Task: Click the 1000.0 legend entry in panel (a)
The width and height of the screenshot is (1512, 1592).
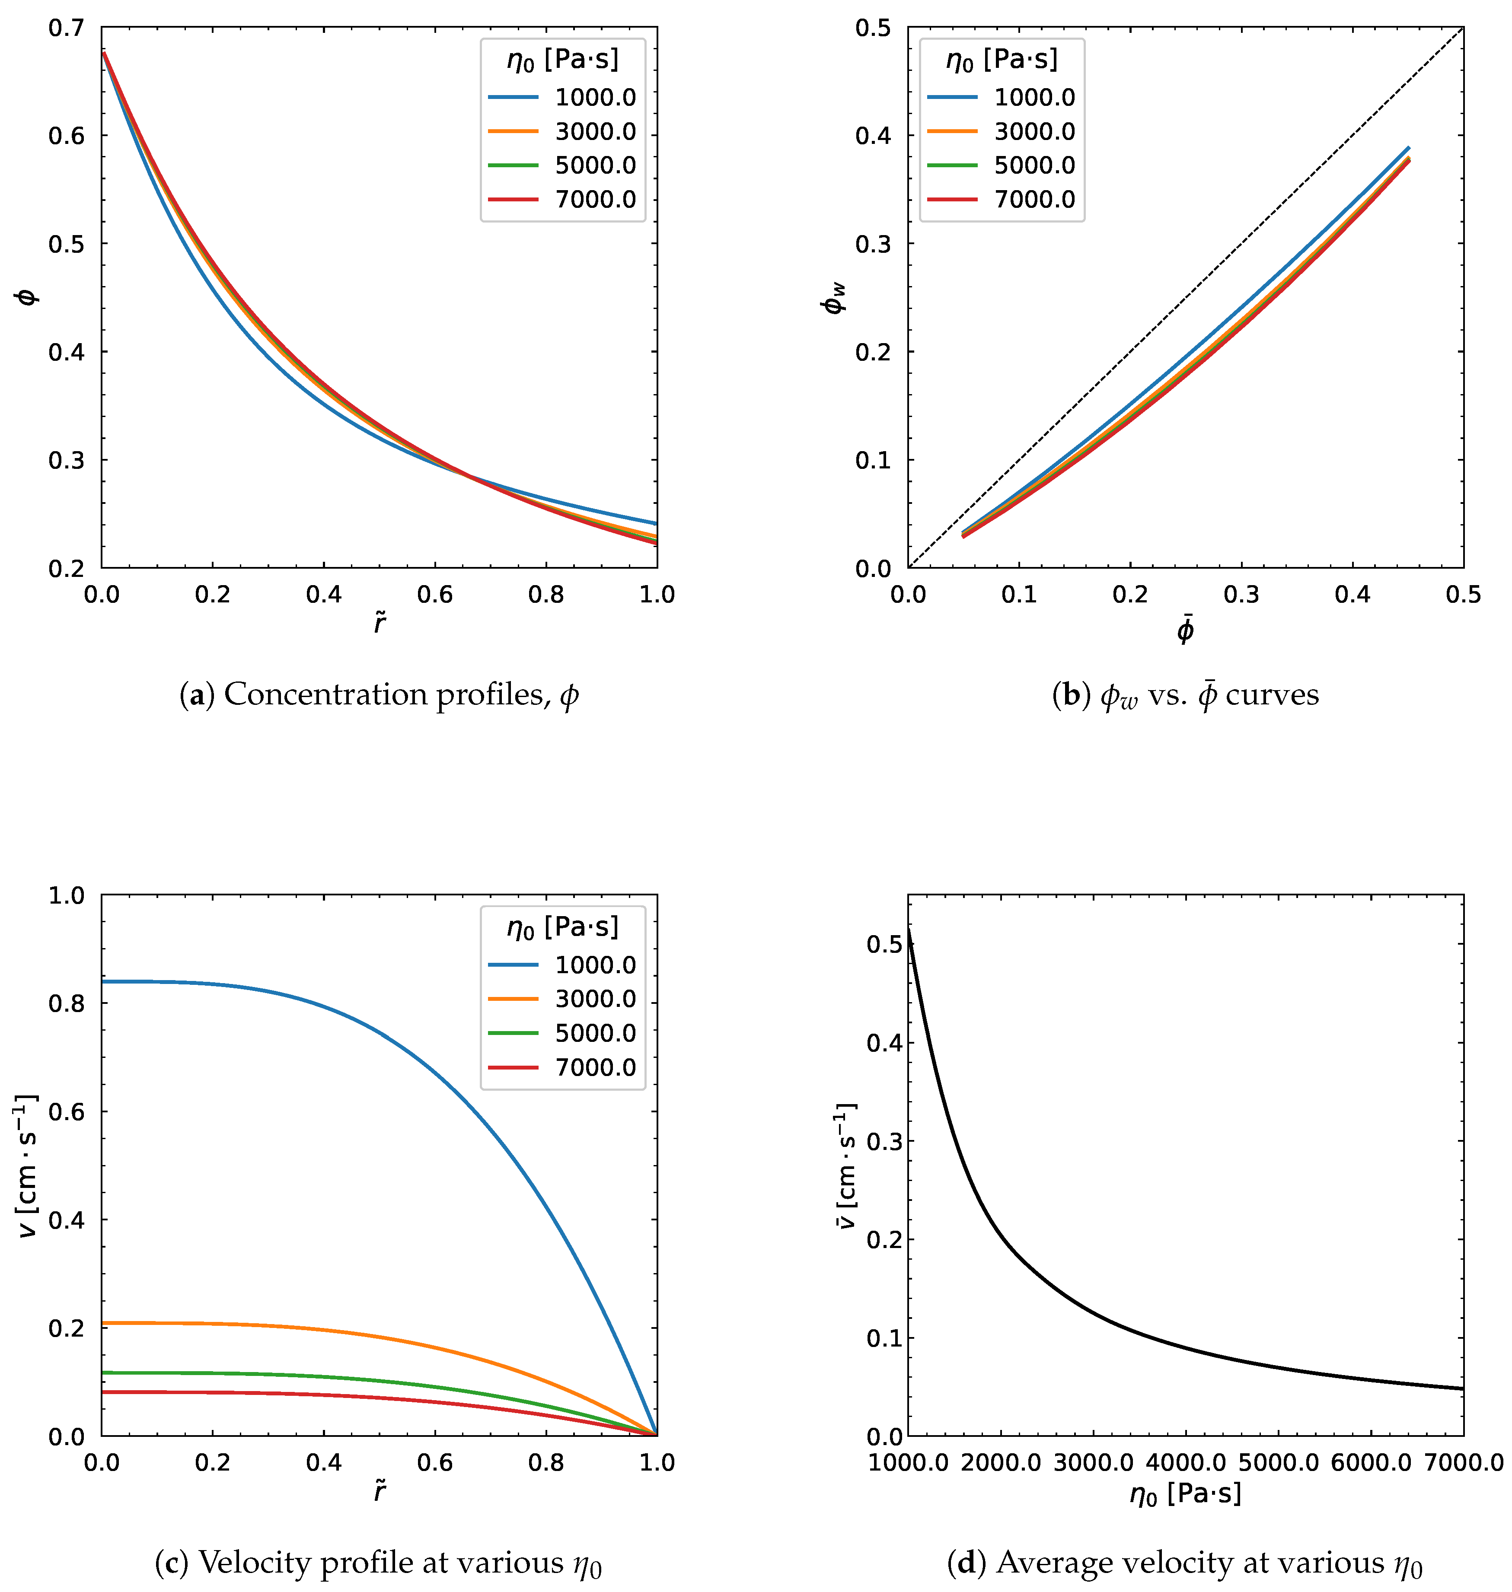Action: point(595,98)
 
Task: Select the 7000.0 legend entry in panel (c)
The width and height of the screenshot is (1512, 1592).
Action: point(595,1067)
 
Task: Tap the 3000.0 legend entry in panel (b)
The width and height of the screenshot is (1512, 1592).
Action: point(1034,131)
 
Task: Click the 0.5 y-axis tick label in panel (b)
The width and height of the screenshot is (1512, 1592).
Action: point(873,28)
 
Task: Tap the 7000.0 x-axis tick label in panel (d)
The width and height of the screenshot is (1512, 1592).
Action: point(1463,1462)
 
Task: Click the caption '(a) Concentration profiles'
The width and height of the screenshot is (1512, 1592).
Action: point(379,694)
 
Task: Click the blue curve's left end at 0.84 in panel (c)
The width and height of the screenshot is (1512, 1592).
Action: point(103,981)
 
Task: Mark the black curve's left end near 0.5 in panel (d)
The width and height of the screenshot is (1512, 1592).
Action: point(909,929)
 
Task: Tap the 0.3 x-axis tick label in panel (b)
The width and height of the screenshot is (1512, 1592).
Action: point(1241,595)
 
